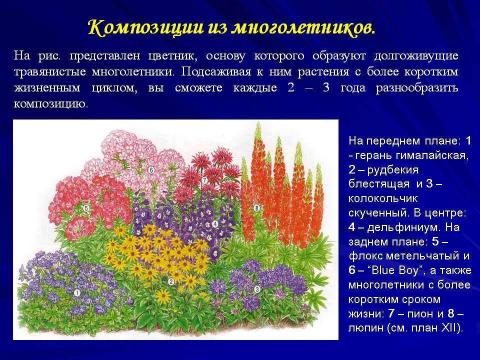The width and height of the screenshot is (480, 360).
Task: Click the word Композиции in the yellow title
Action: point(146,27)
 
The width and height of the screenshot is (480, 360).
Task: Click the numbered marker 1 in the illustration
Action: point(77,293)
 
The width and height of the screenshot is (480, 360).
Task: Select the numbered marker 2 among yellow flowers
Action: point(171,281)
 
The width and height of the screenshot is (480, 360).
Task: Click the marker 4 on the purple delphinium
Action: point(215,224)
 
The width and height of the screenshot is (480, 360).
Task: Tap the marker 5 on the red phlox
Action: point(86,208)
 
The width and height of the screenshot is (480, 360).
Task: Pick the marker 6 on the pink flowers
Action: point(151,170)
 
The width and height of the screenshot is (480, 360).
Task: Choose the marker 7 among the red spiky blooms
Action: point(204,180)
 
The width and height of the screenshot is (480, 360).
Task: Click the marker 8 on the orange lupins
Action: point(257,208)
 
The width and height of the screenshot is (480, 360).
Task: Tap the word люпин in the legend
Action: point(366,328)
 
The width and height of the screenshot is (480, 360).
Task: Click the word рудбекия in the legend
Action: point(392,170)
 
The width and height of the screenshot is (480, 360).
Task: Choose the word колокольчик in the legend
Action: point(383,198)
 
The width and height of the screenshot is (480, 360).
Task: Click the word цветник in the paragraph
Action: point(171,56)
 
